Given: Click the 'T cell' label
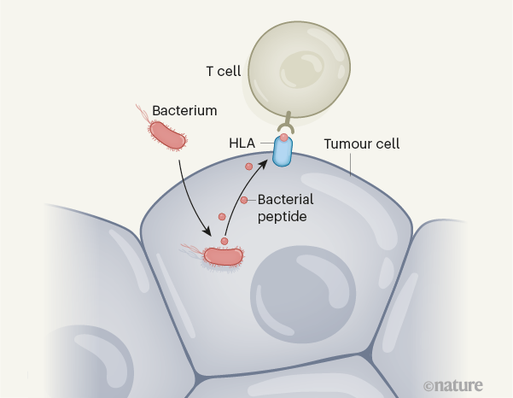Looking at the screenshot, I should pos(223,72).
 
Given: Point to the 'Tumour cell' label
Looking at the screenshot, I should pos(361,143).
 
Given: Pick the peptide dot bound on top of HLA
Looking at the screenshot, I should pos(284,138).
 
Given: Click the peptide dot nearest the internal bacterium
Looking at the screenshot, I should pos(224,241).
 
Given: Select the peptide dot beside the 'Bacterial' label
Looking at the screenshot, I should pos(244,200).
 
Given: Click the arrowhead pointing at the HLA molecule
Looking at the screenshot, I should pos(273,159).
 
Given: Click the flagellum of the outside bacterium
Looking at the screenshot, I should pos(141,112).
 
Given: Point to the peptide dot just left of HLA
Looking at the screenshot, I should pos(248,167).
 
